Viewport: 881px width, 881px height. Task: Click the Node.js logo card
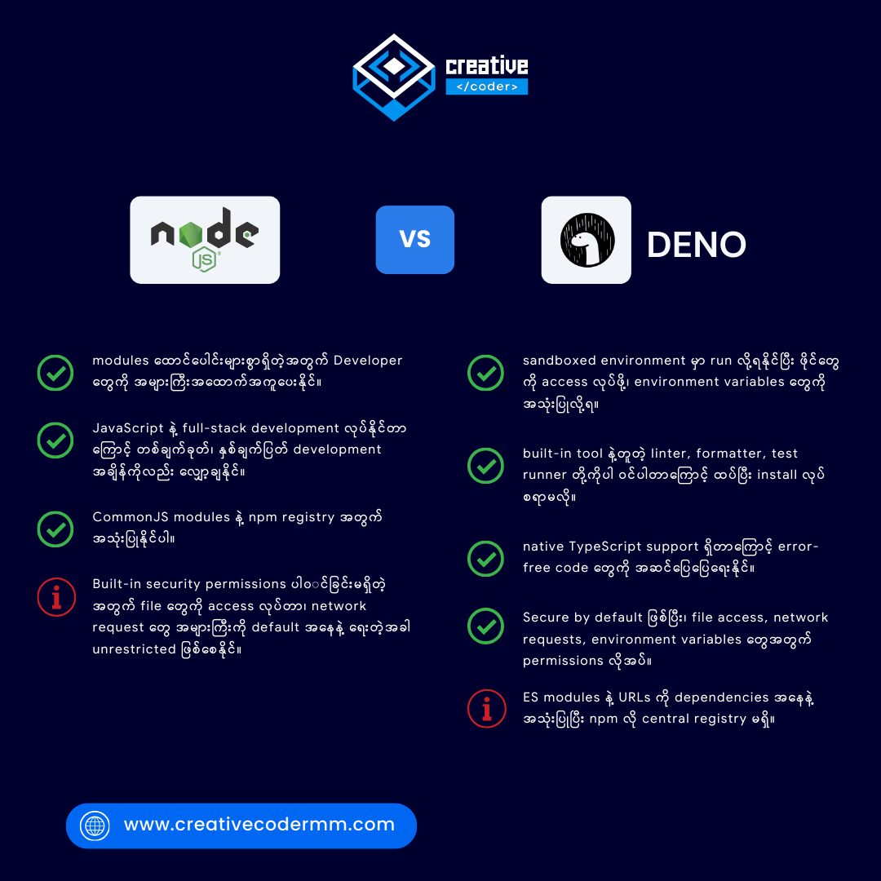pos(205,240)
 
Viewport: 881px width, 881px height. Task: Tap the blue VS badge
pos(414,240)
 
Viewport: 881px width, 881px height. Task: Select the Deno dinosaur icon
pos(587,240)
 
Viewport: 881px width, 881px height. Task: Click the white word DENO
pos(696,245)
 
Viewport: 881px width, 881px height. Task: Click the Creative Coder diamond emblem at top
pos(394,77)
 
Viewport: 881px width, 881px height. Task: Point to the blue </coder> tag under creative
pos(486,86)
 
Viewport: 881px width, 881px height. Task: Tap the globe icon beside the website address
pos(95,826)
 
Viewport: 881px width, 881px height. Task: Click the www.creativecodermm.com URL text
pos(259,824)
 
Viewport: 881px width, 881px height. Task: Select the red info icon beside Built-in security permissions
pos(56,596)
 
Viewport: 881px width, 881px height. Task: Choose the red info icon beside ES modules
pos(486,708)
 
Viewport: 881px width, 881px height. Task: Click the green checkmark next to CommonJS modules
pos(55,529)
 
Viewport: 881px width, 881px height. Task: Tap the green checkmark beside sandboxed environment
pos(485,373)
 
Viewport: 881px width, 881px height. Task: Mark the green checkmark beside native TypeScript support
pos(485,559)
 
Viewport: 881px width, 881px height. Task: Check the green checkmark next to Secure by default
pos(485,626)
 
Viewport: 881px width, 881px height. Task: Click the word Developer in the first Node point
pos(368,361)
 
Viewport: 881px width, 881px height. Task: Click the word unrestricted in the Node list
pos(135,649)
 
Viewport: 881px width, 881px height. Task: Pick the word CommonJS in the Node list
pos(122,517)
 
